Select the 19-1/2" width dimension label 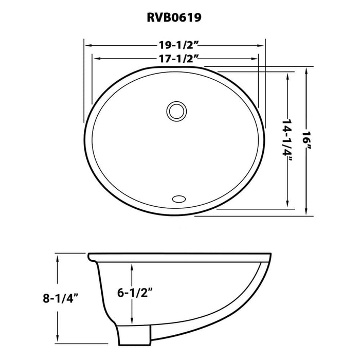click(175, 45)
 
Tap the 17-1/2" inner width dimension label click(175, 59)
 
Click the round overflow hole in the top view click(175, 110)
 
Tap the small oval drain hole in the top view click(179, 197)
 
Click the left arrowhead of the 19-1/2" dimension click(87, 45)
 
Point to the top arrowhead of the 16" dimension click(307, 70)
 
